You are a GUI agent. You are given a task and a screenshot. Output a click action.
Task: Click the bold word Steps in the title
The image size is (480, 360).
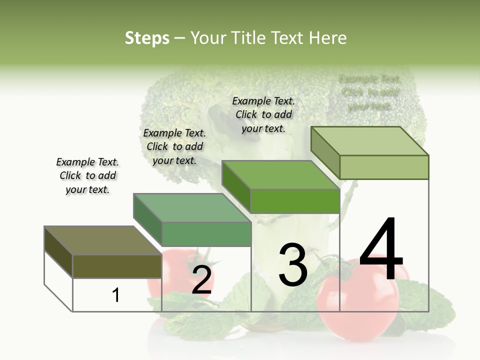pyautogui.click(x=147, y=38)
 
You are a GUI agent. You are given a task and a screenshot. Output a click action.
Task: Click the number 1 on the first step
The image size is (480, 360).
pyautogui.click(x=116, y=295)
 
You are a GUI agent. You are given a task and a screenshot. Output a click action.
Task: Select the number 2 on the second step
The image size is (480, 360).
pyautogui.click(x=201, y=280)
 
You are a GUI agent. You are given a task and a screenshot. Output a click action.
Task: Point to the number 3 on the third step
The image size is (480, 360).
pyautogui.click(x=293, y=265)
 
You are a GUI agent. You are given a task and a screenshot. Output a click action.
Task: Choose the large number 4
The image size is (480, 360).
pyautogui.click(x=381, y=249)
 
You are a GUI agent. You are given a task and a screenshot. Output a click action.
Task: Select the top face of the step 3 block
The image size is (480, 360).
pyautogui.click(x=281, y=175)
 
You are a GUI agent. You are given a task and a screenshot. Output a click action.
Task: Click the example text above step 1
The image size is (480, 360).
pyautogui.click(x=87, y=175)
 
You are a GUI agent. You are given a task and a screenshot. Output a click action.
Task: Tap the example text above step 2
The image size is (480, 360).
pyautogui.click(x=174, y=146)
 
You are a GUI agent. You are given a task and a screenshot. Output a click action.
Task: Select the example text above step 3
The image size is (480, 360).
pyautogui.click(x=263, y=114)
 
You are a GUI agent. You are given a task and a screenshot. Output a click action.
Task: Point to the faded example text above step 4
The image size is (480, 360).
pyautogui.click(x=370, y=92)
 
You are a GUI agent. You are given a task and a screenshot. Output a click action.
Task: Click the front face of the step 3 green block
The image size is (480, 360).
pyautogui.click(x=295, y=201)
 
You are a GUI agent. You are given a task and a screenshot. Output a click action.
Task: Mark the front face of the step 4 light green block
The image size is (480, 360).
pyautogui.click(x=384, y=167)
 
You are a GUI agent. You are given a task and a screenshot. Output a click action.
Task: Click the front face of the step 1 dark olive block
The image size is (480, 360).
pyautogui.click(x=117, y=266)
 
